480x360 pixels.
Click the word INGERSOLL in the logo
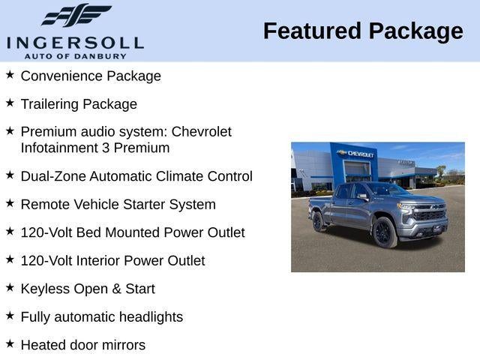[x=75, y=42]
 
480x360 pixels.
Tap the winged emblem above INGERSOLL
[x=75, y=15]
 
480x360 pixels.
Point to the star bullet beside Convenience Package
[x=10, y=75]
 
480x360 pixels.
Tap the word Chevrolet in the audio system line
[x=202, y=131]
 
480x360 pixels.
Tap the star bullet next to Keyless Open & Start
[x=10, y=288]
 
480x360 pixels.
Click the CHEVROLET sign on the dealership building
[x=360, y=154]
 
